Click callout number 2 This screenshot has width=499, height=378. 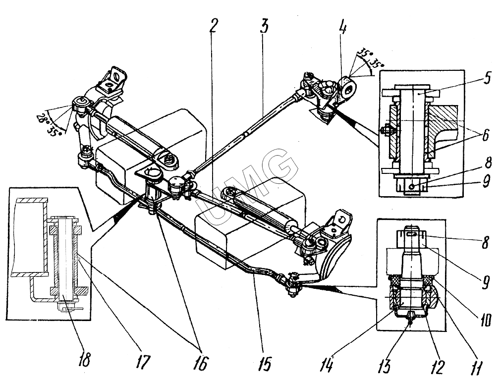pyautogui.click(x=213, y=25)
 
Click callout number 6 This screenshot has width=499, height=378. pyautogui.click(x=486, y=135)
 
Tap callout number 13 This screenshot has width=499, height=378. pyautogui.click(x=385, y=367)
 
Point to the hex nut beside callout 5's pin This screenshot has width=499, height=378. pyautogui.click(x=384, y=130)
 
